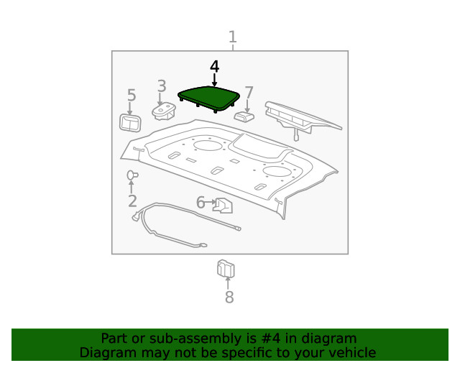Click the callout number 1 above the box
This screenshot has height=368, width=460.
[x=233, y=37]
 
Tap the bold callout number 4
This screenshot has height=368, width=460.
[x=214, y=67]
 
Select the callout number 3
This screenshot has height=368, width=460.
[x=162, y=86]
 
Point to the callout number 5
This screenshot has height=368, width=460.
[x=132, y=95]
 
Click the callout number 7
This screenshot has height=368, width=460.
[x=249, y=93]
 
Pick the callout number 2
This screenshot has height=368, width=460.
[x=132, y=201]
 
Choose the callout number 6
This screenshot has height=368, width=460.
[x=201, y=203]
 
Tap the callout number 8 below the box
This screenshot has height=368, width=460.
[x=229, y=297]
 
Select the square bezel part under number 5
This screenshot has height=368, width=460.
[x=130, y=123]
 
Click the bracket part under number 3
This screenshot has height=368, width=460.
[x=164, y=111]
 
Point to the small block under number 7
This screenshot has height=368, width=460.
[x=244, y=116]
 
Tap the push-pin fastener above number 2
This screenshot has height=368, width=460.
[x=132, y=175]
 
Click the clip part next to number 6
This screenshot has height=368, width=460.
[x=223, y=205]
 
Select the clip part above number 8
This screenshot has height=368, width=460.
[x=226, y=268]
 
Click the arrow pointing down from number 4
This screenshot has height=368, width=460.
[x=214, y=80]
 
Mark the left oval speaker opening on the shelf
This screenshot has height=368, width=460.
[x=208, y=146]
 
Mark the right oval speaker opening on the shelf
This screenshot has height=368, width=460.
[x=277, y=171]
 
